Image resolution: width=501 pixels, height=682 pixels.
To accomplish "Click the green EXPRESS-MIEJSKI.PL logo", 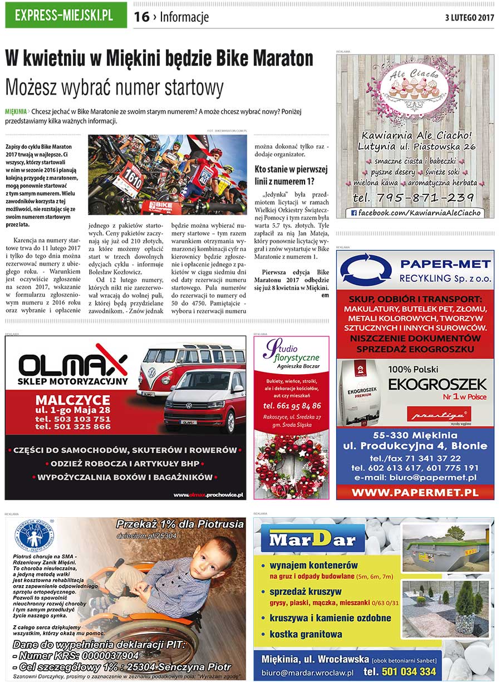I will point(65,15).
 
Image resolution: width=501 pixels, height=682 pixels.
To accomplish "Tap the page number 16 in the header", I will point(141,17).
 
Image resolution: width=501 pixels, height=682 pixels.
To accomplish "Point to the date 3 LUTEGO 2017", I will point(469,17).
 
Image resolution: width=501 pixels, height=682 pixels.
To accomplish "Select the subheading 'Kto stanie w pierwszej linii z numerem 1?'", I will point(291,175).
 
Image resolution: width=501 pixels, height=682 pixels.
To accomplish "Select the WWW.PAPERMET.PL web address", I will point(415,492).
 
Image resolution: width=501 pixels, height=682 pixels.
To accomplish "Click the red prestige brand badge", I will point(439,414).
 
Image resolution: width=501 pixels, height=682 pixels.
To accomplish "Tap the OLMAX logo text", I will point(72,366).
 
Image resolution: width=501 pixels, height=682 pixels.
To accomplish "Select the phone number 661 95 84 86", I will point(291,405).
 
